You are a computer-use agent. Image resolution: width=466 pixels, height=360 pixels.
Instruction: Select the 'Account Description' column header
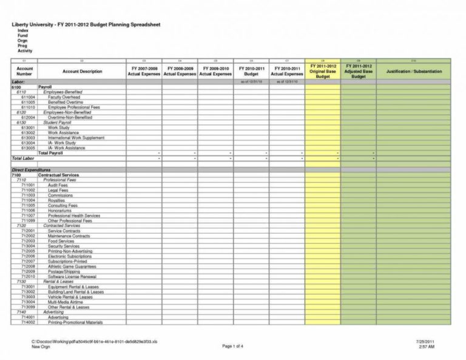(82, 72)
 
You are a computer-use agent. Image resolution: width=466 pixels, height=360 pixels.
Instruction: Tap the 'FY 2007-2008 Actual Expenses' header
(144, 72)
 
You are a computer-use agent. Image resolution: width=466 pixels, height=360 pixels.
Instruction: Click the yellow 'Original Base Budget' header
(323, 72)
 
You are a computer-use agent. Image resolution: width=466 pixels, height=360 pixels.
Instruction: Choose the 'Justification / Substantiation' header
(413, 72)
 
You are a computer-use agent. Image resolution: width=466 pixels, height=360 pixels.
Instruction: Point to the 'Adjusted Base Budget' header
(358, 72)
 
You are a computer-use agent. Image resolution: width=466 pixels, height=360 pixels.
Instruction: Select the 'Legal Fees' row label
(58, 190)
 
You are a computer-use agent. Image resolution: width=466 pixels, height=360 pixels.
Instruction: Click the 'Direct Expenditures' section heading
(31, 170)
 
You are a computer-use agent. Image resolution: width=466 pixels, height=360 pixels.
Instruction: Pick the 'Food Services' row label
(61, 241)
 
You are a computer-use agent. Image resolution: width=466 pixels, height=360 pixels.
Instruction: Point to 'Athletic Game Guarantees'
(72, 267)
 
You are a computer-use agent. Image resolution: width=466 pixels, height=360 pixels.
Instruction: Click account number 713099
(28, 307)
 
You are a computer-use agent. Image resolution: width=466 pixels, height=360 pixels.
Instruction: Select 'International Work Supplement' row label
(76, 138)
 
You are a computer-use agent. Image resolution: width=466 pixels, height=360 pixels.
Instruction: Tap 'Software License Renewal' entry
(72, 277)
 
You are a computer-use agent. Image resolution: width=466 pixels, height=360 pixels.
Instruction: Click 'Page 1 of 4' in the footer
(233, 346)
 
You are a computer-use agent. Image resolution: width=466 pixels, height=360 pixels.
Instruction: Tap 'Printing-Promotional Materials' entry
(75, 322)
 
